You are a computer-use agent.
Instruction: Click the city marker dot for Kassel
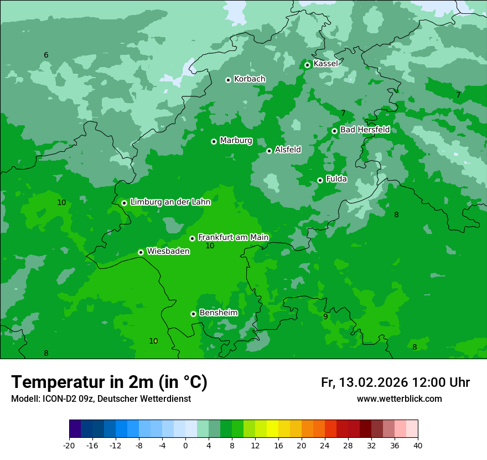pyautogui.click(x=308, y=65)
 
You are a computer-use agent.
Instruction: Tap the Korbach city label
pyautogui.click(x=250, y=79)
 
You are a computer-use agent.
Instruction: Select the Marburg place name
pyautogui.click(x=236, y=141)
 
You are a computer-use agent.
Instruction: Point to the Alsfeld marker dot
pyautogui.click(x=270, y=151)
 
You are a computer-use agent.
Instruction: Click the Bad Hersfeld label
pyautogui.click(x=365, y=130)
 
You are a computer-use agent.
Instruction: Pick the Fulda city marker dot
pyautogui.click(x=320, y=180)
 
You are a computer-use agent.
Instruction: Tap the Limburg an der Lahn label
pyautogui.click(x=170, y=202)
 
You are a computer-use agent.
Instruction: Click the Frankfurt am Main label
pyautogui.click(x=233, y=237)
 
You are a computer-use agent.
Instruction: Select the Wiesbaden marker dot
pyautogui.click(x=141, y=252)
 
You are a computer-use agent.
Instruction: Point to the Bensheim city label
pyautogui.click(x=218, y=313)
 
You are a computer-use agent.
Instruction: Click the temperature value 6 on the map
pyautogui.click(x=46, y=55)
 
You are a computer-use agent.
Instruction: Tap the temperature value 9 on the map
pyautogui.click(x=325, y=316)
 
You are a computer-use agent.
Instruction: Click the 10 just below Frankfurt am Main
pyautogui.click(x=210, y=246)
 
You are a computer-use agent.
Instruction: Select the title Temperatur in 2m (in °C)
pyautogui.click(x=109, y=382)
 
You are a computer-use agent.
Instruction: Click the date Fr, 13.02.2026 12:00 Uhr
pyautogui.click(x=395, y=382)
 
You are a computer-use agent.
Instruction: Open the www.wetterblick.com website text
pyautogui.click(x=399, y=398)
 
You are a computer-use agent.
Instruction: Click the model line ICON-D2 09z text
pyautogui.click(x=101, y=398)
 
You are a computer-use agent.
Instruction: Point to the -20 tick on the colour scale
pyautogui.click(x=69, y=445)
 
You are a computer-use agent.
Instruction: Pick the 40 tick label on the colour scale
pyautogui.click(x=417, y=445)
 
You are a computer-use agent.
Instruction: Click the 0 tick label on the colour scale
pyautogui.click(x=185, y=445)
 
